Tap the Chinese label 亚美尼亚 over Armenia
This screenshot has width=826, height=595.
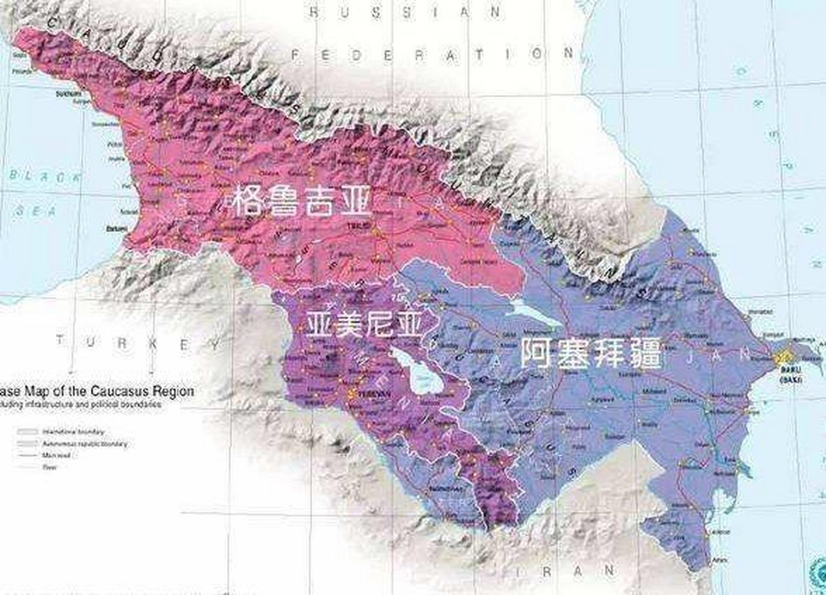[x=364, y=324]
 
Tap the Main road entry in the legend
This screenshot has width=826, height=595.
[x=56, y=456]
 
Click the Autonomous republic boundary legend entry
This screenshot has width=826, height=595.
[x=84, y=444]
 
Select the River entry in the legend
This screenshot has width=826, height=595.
[x=49, y=467]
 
